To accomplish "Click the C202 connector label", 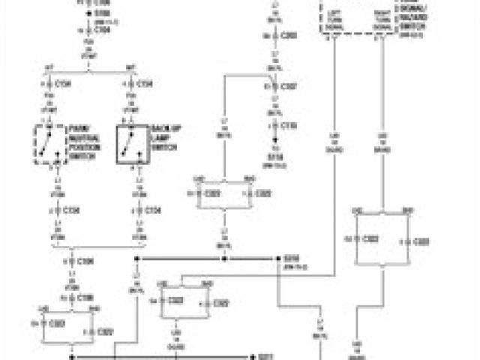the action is [x=289, y=34].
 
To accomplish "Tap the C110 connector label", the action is [x=289, y=124].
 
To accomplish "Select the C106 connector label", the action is [x=87, y=262].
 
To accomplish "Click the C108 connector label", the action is [x=87, y=297].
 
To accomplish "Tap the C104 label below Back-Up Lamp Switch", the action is [x=152, y=212].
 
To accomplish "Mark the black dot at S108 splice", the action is [x=88, y=13].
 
